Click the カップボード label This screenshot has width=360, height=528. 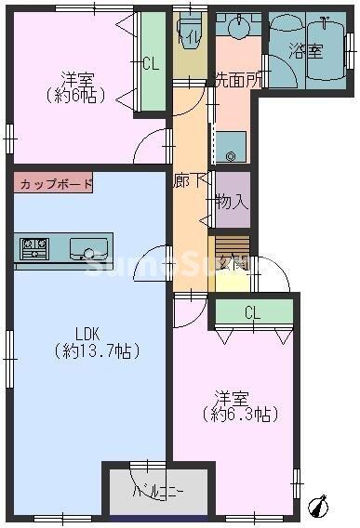coord(55,183)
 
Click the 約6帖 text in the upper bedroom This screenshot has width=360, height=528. coord(74,95)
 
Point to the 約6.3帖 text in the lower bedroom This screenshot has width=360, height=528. coord(240,414)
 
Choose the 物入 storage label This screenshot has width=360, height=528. coord(232,199)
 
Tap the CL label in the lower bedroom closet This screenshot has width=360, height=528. coord(252,313)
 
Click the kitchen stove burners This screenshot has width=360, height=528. coord(35,247)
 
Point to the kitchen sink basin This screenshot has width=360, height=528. coord(89,249)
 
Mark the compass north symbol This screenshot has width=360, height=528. coord(322,506)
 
